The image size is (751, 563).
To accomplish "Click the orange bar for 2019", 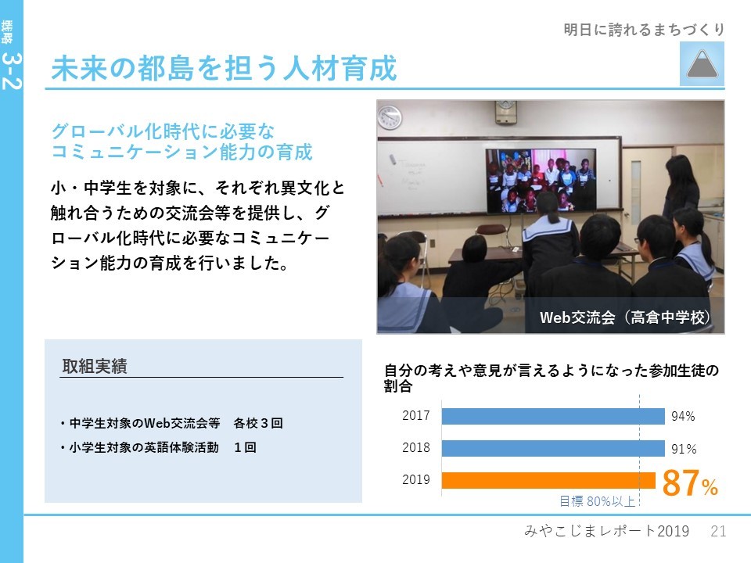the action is coord(548,480).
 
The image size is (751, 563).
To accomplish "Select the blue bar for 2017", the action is coord(553,416).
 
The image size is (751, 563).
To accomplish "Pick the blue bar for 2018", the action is coord(553,448).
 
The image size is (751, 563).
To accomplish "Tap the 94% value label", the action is coord(683,416).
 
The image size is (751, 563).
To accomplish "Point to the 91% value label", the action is coord(684,449).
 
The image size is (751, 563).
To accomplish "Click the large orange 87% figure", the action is coord(690,482).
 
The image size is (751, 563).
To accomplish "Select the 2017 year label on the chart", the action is coord(415,415).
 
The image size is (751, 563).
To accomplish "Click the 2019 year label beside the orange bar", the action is coord(415,479).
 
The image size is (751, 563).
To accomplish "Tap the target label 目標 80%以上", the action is coord(597,500).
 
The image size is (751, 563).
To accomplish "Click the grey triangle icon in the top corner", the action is coord(702,64).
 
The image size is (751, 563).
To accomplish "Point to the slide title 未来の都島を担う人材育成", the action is coord(225,68).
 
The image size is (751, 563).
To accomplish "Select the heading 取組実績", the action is coord(95,366).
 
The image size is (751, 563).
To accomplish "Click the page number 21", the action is coord(718,531).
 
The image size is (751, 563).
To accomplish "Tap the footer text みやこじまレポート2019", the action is coord(607,531).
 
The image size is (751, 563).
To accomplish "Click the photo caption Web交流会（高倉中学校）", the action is coord(625,317).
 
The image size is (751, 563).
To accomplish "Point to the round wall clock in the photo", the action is coord(390,117).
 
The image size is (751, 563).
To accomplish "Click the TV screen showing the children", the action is coord(541,180).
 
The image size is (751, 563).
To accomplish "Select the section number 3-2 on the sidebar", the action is coord(12,71).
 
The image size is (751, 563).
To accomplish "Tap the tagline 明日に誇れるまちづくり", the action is coord(644,30).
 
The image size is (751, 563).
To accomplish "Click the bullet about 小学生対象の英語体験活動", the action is coord(159,447).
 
